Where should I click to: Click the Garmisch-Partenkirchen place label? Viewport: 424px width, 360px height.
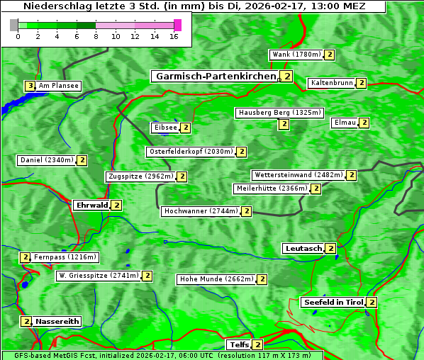215,77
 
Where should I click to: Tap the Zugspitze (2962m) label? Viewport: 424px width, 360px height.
140,176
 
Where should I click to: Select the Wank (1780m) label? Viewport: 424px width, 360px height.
296,55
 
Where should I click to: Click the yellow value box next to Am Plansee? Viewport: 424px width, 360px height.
30,86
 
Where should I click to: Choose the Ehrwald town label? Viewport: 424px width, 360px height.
91,206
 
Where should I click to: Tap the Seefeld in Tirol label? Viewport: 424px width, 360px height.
333,303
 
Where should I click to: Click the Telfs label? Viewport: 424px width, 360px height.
238,345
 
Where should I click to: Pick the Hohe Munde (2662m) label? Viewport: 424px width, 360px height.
216,279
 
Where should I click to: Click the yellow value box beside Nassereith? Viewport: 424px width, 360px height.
26,321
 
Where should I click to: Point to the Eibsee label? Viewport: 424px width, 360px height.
165,128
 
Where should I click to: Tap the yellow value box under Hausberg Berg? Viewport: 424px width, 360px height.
284,124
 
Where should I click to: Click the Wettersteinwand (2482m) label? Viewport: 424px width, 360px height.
298,175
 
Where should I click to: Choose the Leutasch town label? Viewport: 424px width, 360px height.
303,249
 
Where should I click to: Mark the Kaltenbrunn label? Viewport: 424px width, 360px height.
331,83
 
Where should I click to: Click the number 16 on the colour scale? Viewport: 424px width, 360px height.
174,36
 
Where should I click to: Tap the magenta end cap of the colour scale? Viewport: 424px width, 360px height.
177,25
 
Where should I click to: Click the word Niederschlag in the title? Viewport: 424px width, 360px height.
54,6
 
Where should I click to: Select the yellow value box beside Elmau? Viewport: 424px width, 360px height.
364,123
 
